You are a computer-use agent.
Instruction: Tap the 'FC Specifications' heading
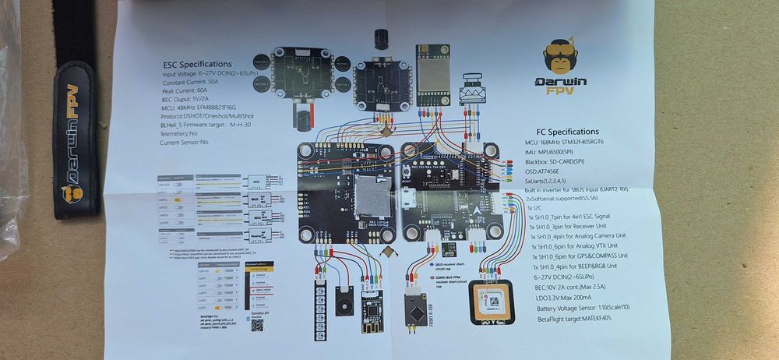(x=568, y=132)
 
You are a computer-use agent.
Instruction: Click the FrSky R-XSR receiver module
(x=411, y=313)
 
